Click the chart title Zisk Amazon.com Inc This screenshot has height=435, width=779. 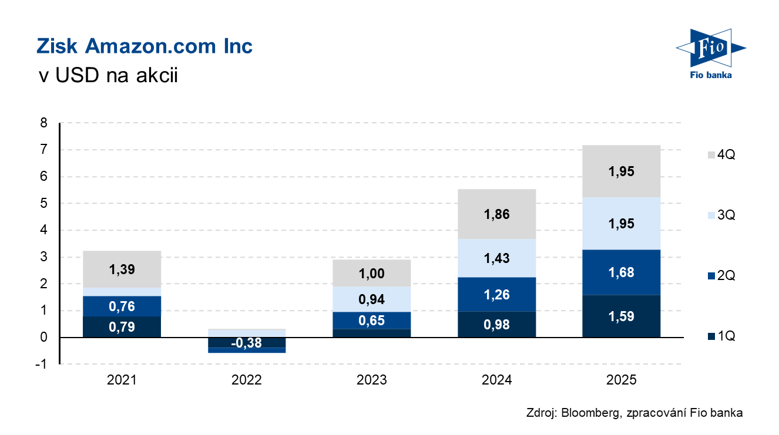145,46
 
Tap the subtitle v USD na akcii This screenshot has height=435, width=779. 107,76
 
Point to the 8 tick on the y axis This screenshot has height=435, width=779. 43,123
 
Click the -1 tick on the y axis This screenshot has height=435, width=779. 42,364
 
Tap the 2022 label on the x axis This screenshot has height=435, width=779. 247,380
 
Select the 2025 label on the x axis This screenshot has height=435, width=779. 621,380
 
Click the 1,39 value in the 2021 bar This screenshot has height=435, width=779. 122,269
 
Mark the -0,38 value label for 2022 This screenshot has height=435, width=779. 247,343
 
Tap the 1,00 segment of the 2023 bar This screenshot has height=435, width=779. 371,273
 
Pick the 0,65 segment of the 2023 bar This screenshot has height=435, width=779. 371,321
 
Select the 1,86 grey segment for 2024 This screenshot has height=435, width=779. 496,214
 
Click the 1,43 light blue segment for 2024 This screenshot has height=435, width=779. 496,258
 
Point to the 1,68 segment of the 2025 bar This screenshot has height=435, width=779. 621,272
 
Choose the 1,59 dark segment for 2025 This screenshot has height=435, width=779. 621,316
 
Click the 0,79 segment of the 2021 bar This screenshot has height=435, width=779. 122,327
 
